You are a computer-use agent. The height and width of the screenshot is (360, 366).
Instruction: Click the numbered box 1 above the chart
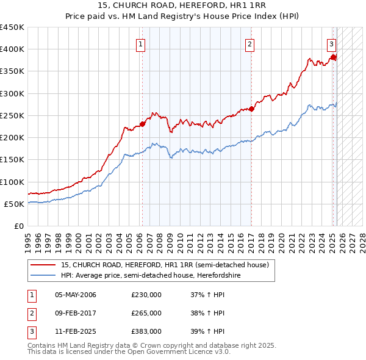click(141, 44)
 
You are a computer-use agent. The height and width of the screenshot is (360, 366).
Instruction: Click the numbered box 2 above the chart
click(250, 44)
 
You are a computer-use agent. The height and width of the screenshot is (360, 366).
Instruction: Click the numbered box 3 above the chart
click(331, 44)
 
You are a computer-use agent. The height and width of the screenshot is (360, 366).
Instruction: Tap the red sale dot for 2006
click(142, 124)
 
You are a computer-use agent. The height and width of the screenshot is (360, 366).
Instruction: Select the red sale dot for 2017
click(251, 109)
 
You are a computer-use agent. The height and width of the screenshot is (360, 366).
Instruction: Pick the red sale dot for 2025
click(333, 57)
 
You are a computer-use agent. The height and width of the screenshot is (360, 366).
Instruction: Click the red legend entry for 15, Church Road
click(165, 265)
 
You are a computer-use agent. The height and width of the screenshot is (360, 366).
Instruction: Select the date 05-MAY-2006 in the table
click(76, 295)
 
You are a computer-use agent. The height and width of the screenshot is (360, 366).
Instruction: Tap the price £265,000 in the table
click(146, 313)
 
